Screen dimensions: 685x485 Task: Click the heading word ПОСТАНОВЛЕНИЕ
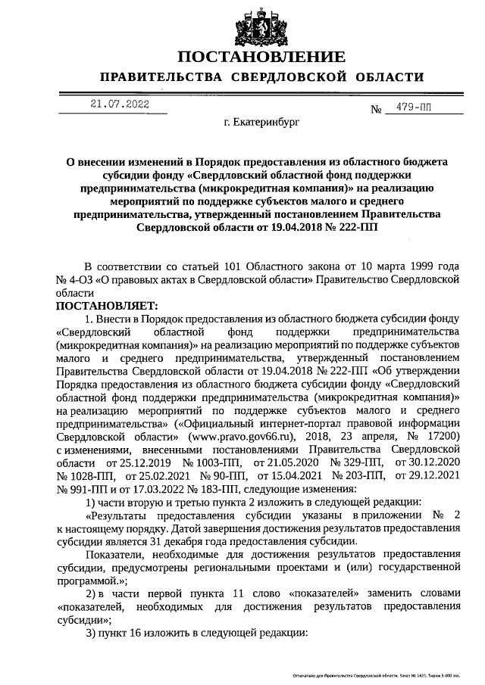(262, 57)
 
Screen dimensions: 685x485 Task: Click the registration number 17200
(440, 437)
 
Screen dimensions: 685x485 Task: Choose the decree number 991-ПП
(84, 487)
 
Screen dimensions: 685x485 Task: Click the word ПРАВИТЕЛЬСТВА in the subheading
(161, 78)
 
